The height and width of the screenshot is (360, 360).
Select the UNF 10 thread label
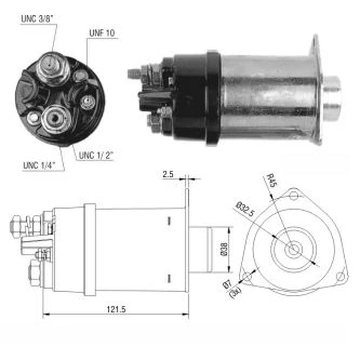102,33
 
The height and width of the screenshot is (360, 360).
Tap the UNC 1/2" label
96,156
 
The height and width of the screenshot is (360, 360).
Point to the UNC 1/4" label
39,166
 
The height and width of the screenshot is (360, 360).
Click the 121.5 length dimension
116,309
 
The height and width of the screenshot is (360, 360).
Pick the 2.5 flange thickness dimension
168,174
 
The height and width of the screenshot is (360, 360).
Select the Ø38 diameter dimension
225,249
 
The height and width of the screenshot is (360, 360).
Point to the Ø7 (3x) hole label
232,287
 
